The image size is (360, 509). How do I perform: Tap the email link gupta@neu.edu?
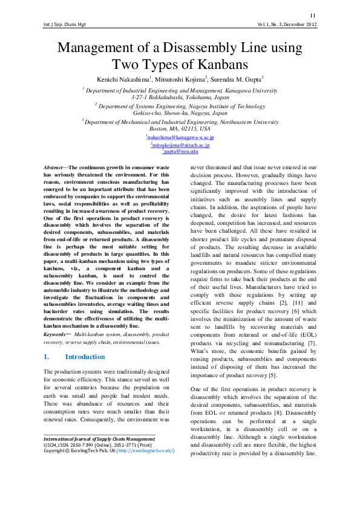coord(180,152)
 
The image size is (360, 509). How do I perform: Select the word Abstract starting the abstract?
coord(56,167)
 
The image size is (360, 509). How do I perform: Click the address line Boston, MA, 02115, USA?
coord(180,129)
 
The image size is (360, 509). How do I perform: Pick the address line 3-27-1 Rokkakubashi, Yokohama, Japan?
coord(180,96)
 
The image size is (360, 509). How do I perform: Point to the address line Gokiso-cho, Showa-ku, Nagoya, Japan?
coord(180,112)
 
